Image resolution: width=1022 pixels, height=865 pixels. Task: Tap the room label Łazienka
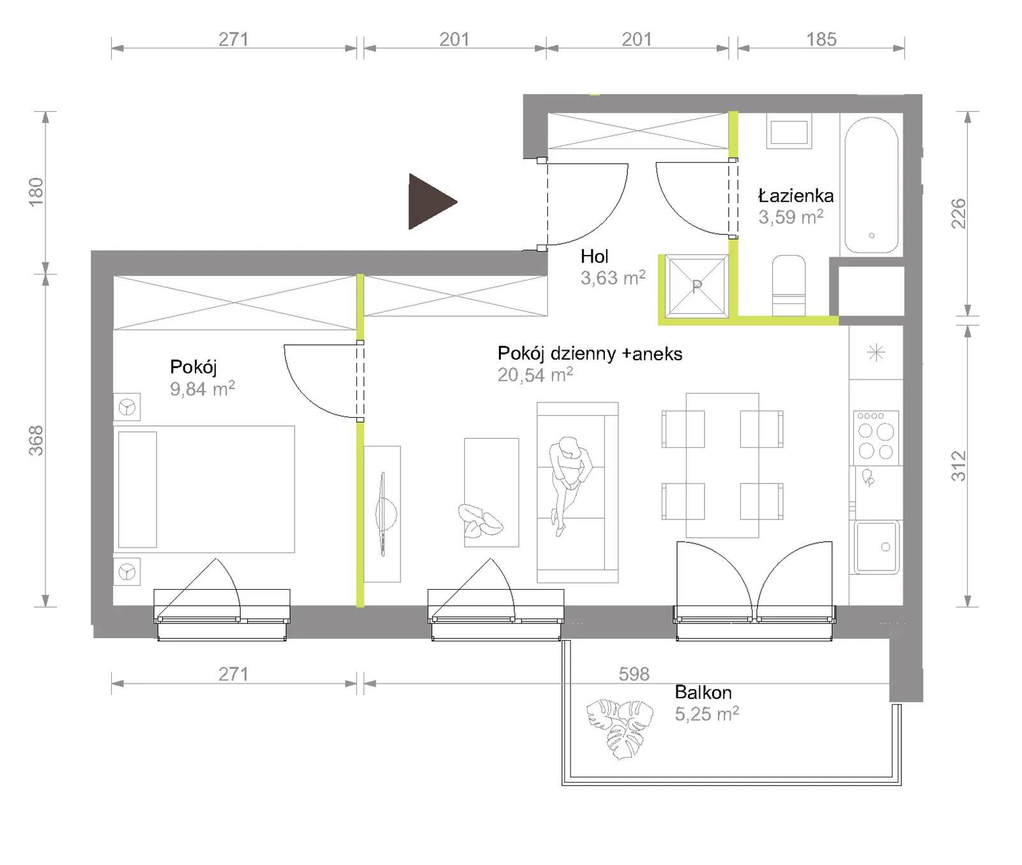click(795, 195)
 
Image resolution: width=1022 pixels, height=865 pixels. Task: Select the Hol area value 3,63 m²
click(613, 278)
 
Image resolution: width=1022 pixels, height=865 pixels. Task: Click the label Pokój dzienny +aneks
click(590, 353)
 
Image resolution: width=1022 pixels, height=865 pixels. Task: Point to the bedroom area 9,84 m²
click(202, 388)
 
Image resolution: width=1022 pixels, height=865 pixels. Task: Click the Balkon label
click(703, 692)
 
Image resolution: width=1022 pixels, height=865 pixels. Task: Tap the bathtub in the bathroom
click(871, 185)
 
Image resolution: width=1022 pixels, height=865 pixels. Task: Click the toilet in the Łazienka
click(789, 286)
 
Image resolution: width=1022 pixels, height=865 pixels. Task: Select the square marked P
click(697, 286)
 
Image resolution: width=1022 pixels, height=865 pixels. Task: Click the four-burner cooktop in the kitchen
click(876, 438)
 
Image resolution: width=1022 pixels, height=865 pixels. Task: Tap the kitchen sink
click(877, 547)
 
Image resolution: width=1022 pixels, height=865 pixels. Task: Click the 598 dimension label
click(634, 673)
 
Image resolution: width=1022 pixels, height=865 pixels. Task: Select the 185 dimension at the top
click(821, 39)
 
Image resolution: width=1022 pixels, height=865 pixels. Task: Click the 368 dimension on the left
click(36, 440)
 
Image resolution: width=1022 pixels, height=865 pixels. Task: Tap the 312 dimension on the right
click(958, 466)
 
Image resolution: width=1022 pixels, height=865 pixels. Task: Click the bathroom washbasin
click(789, 132)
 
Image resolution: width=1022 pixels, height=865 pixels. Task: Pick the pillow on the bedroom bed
click(137, 489)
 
